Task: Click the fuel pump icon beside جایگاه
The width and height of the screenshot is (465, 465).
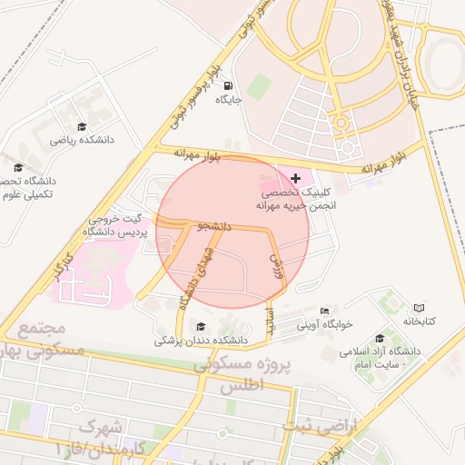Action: click(x=226, y=87)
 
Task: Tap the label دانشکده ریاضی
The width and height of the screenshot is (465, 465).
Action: click(x=79, y=141)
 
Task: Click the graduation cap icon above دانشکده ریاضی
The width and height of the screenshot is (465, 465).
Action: click(x=81, y=127)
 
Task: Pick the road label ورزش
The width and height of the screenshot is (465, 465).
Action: click(x=275, y=264)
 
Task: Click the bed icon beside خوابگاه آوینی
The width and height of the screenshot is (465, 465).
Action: click(x=324, y=311)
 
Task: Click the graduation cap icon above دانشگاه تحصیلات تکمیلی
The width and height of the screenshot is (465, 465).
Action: click(x=18, y=166)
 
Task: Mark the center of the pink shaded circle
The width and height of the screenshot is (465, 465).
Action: click(x=232, y=232)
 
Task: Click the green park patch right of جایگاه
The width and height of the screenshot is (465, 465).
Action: click(x=259, y=87)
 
